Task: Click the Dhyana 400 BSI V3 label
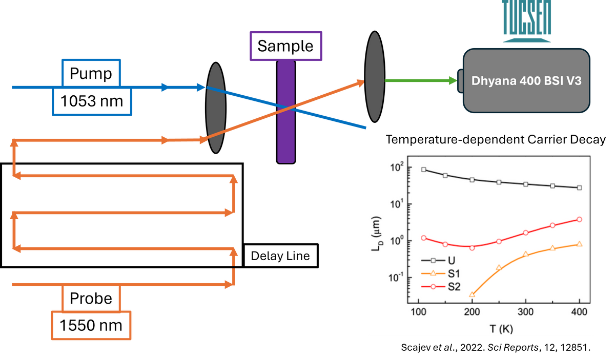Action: tap(527, 80)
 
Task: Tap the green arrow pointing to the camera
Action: tap(420, 80)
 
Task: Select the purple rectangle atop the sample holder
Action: tap(286, 45)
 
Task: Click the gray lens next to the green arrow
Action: tap(375, 77)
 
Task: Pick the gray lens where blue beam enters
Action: tap(216, 108)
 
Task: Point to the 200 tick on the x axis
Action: tap(472, 313)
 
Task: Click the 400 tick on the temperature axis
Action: tap(579, 313)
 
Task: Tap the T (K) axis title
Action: tap(499, 328)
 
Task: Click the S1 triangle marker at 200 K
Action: tap(472, 294)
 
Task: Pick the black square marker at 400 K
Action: tap(579, 188)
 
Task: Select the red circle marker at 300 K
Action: tap(526, 232)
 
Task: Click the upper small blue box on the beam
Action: tap(91, 72)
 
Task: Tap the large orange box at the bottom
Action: tap(91, 325)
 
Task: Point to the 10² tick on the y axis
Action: tap(397, 167)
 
